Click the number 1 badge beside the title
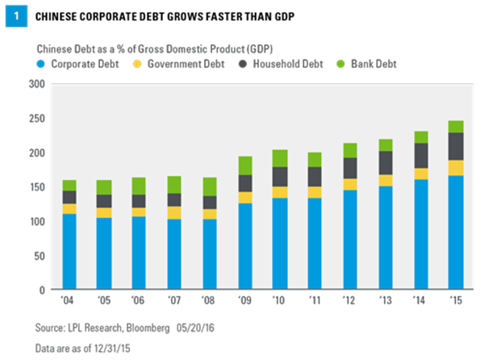pyautogui.click(x=14, y=14)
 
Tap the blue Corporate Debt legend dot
pyautogui.click(x=40, y=63)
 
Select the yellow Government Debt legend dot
pyautogui.click(x=138, y=63)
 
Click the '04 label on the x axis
pyautogui.click(x=69, y=299)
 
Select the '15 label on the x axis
pyautogui.click(x=456, y=299)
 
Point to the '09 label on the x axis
pyautogui.click(x=245, y=299)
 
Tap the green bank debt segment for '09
pyautogui.click(x=245, y=165)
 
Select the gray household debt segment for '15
pyautogui.click(x=456, y=146)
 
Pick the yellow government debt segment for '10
pyautogui.click(x=280, y=192)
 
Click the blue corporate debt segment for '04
pyautogui.click(x=69, y=251)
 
